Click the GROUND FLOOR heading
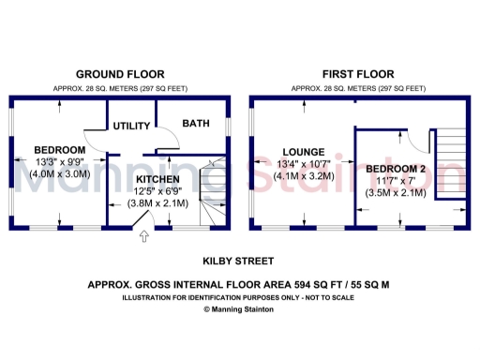(x=120, y=73)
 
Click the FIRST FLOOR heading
(x=358, y=73)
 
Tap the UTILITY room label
(x=131, y=126)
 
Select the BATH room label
(x=196, y=124)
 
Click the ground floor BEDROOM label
(x=59, y=150)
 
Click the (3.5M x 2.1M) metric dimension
(x=396, y=192)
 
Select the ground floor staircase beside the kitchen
(x=213, y=192)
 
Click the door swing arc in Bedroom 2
(x=412, y=141)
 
